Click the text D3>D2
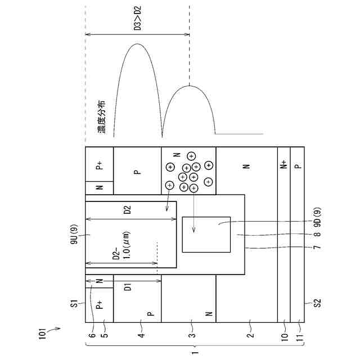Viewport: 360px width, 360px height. pos(137,18)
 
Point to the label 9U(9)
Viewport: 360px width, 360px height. pos(74,234)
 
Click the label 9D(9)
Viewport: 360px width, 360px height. pos(317,217)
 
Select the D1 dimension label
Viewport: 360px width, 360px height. pos(128,287)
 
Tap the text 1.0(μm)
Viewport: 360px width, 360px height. pos(127,245)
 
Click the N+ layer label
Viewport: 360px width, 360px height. pos(284,164)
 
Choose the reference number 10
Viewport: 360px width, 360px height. pos(285,337)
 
